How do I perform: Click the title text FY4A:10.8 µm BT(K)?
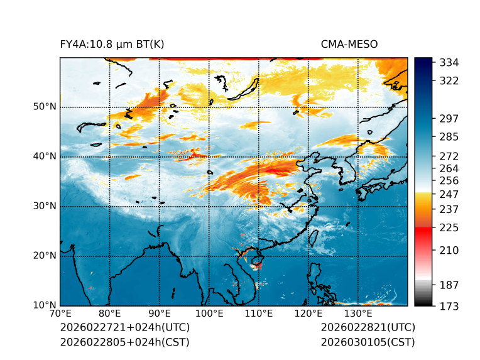[x=112, y=45]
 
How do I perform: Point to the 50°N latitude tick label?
[x=45, y=107]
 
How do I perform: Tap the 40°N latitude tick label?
[x=45, y=156]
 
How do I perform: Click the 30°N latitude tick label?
[x=45, y=206]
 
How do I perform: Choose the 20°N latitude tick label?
[x=45, y=256]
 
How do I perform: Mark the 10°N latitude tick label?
[x=45, y=305]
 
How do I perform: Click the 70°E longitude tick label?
[x=60, y=314]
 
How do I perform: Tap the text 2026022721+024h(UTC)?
[x=124, y=328]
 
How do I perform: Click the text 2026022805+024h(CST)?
[x=124, y=342]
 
